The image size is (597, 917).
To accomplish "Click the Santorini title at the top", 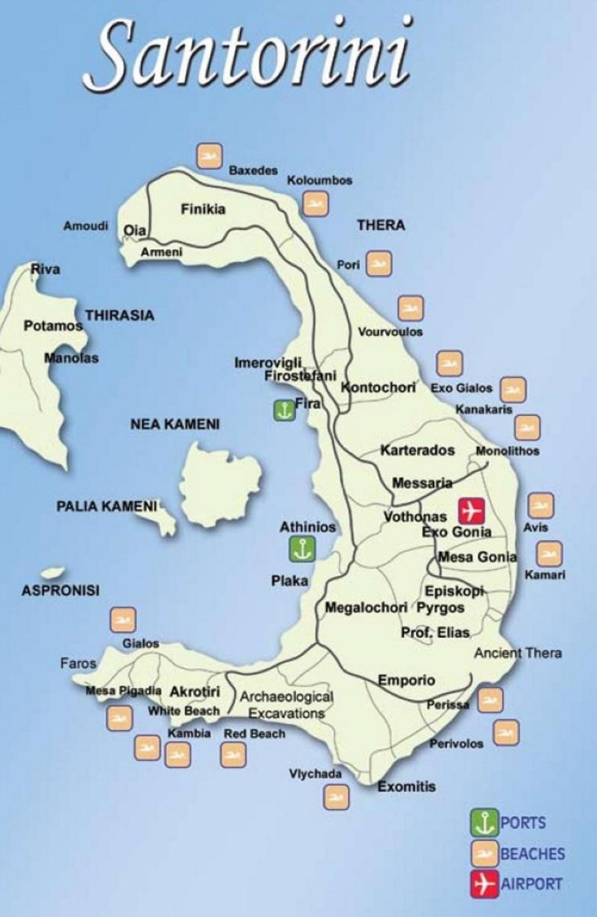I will (x=247, y=52).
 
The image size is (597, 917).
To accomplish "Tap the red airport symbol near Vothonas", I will (x=471, y=510).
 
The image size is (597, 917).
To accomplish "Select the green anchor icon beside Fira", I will (x=284, y=410).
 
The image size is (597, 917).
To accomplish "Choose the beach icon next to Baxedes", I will (x=209, y=156).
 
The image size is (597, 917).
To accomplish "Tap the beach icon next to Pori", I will (x=379, y=264).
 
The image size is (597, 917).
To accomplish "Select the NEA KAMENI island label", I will (x=175, y=424).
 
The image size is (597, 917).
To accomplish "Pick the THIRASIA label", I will (x=119, y=315).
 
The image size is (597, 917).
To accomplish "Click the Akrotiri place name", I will (x=195, y=692).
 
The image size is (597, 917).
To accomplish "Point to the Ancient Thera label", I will (x=517, y=653).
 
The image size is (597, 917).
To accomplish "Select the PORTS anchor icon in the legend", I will (x=484, y=822).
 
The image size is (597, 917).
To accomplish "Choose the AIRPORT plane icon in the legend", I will (x=484, y=884).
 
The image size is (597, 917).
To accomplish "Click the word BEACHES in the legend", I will (x=532, y=854).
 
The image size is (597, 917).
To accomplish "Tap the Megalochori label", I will (x=366, y=608).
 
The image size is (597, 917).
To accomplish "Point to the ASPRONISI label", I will (x=61, y=591).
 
